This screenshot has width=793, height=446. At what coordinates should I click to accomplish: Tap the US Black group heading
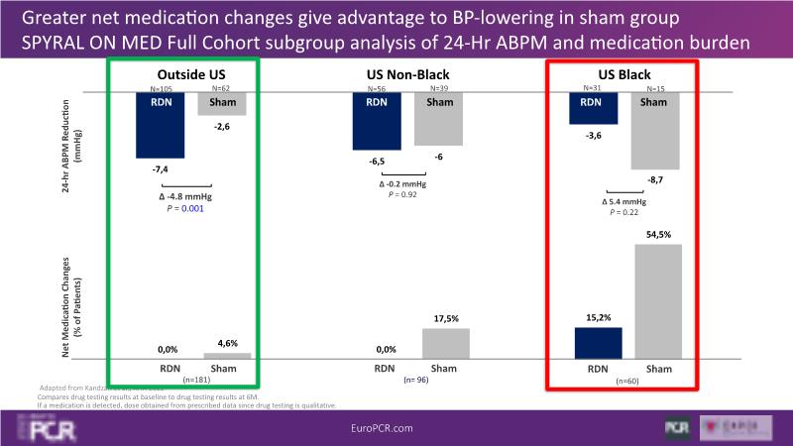pyautogui.click(x=623, y=75)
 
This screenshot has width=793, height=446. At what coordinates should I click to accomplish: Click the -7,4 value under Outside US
pyautogui.click(x=160, y=170)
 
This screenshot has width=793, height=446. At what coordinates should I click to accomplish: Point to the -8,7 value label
pyautogui.click(x=654, y=179)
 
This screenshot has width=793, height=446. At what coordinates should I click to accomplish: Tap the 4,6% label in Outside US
pyautogui.click(x=227, y=344)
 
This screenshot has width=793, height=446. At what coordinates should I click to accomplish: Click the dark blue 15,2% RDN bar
pyautogui.click(x=598, y=342)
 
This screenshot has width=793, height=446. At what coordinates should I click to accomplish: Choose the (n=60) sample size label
pyautogui.click(x=627, y=380)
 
